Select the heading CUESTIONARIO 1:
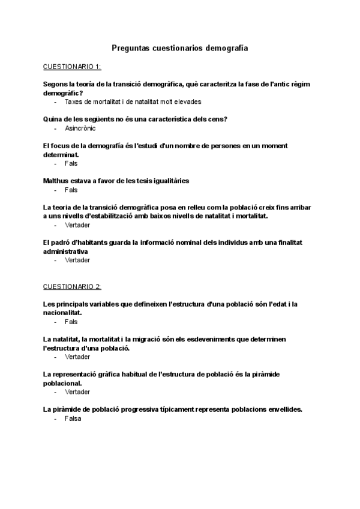click(x=73, y=66)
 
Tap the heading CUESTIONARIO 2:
click(x=73, y=286)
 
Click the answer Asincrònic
click(x=80, y=128)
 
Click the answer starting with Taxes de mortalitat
click(x=133, y=101)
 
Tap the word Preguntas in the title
click(x=131, y=47)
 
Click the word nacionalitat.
click(x=62, y=313)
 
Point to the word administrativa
click(x=65, y=251)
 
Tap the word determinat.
click(x=61, y=154)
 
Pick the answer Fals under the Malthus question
click(x=71, y=190)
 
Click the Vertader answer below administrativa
click(x=77, y=260)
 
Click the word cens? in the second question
click(x=218, y=119)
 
